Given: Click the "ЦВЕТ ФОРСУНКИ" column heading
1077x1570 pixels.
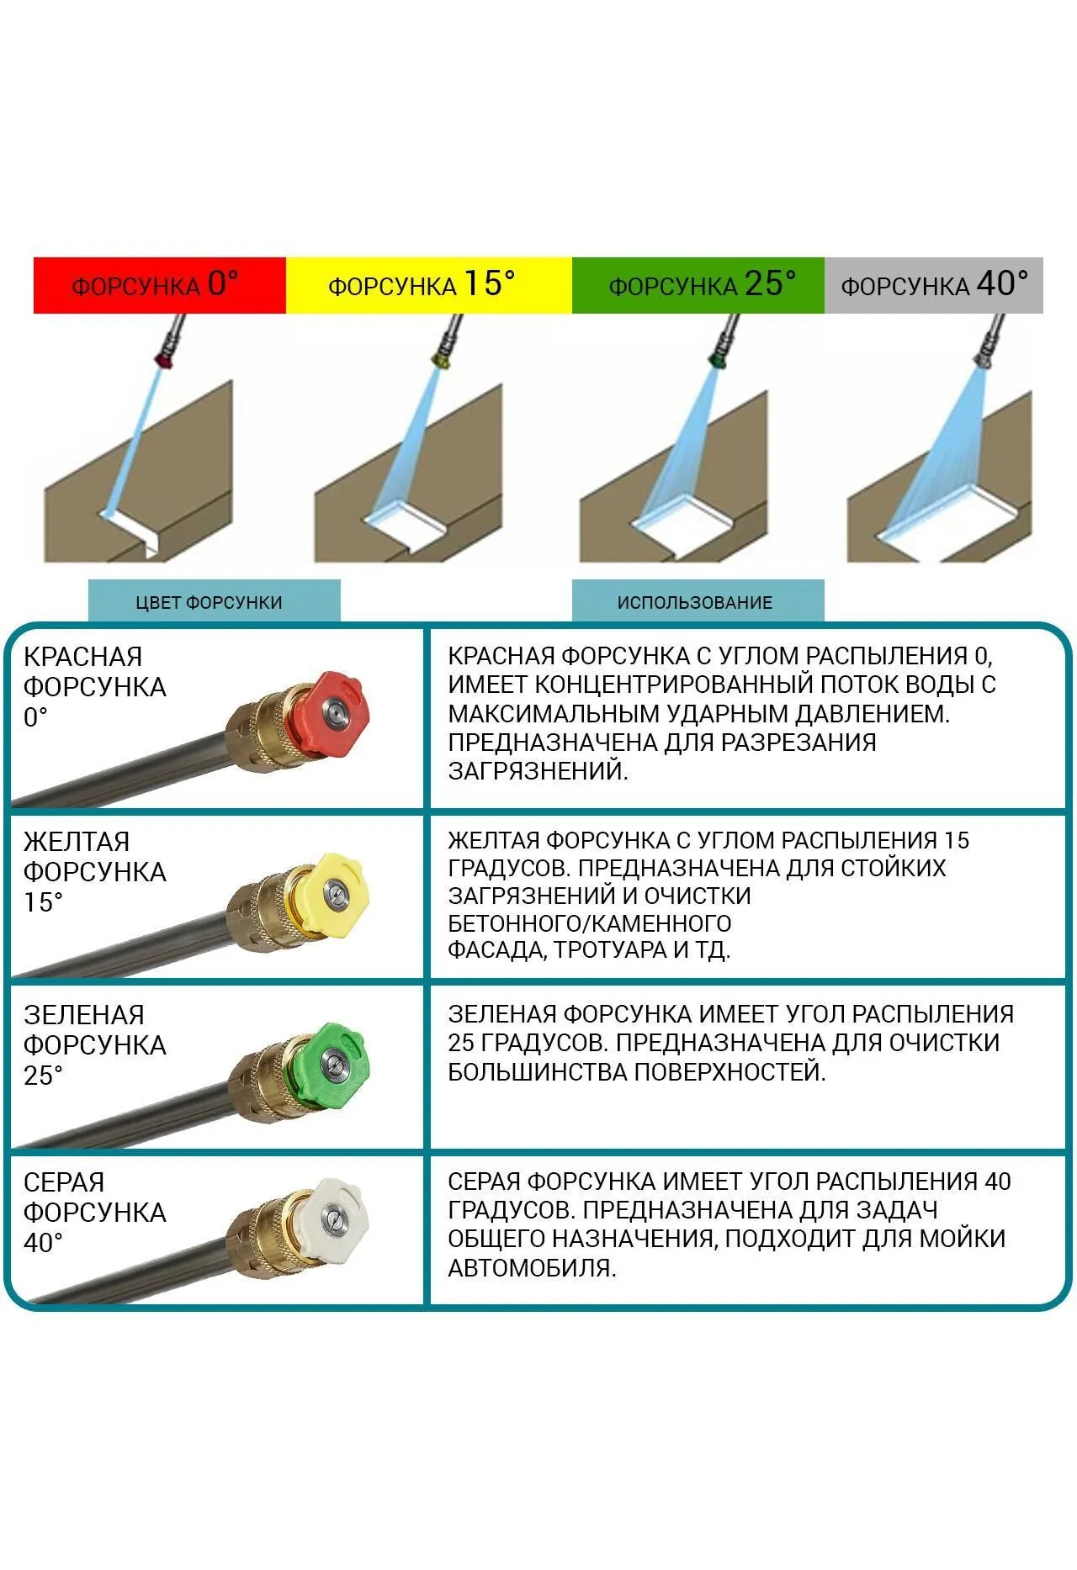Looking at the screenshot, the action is [x=210, y=602].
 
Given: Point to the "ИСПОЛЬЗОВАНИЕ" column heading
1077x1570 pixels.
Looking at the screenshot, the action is [x=695, y=602].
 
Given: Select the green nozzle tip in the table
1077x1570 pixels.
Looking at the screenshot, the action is [x=333, y=1065].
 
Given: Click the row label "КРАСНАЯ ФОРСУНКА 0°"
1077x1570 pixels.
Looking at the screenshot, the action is [x=94, y=686].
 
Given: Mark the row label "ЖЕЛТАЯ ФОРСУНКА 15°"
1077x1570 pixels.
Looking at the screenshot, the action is [x=94, y=871].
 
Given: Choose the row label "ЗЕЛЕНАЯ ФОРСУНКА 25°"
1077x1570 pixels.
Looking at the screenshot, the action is [x=94, y=1044].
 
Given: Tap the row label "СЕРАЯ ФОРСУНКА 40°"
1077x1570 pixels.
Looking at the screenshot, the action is [x=94, y=1212].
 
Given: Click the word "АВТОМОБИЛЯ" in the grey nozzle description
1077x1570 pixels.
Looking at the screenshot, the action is [x=532, y=1268].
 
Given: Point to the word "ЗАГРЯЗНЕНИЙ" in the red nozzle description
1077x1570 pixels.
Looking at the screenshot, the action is [x=538, y=770].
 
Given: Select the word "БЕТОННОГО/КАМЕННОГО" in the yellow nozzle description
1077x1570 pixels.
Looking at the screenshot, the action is [x=589, y=923].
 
